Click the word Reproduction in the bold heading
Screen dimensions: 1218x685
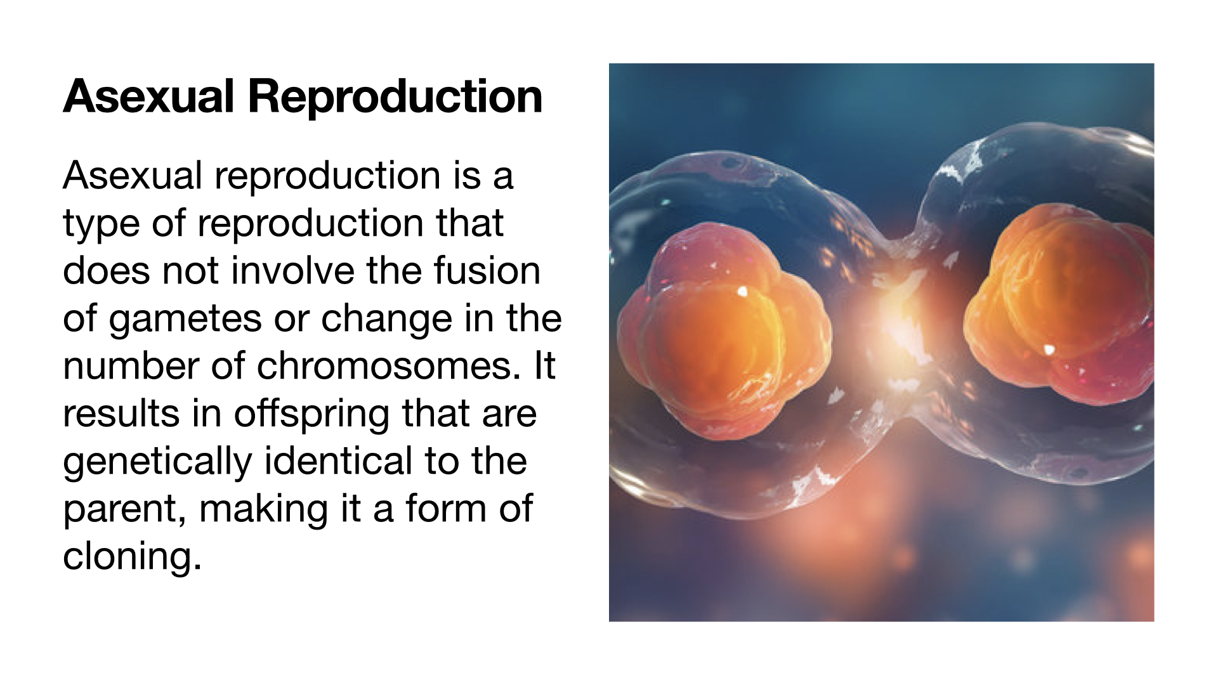pos(395,97)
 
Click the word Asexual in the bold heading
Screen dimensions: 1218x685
pos(149,97)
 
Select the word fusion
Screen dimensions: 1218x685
pos(487,271)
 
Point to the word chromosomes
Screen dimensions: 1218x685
pos(389,366)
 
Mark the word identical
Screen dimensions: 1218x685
pos(338,461)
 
